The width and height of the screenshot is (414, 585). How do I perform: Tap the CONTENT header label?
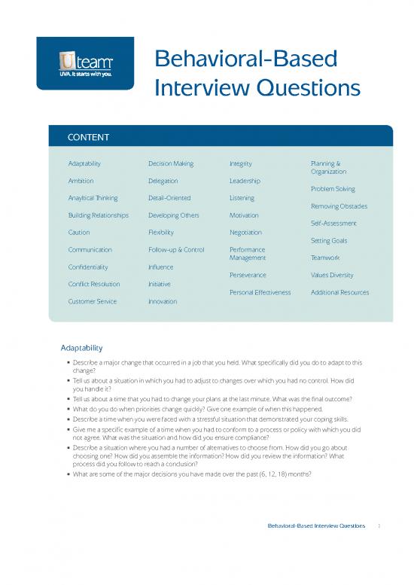[x=89, y=137]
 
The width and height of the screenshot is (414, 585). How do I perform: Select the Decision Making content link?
[x=171, y=163]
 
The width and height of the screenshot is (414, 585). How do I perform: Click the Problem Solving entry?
[x=333, y=189]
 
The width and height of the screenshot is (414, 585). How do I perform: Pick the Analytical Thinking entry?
[x=93, y=198]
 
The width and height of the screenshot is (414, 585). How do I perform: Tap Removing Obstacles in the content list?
[x=339, y=206]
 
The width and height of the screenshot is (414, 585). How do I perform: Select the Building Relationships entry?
[x=98, y=215]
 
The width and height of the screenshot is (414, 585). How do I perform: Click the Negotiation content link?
[x=245, y=233]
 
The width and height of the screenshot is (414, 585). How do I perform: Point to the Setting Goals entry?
[x=329, y=241]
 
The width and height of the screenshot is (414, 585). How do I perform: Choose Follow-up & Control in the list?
[x=176, y=249]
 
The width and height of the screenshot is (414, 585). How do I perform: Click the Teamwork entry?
[x=325, y=257]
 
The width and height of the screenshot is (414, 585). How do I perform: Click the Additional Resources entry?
[x=339, y=292]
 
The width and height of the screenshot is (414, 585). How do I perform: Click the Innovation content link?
[x=163, y=301]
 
